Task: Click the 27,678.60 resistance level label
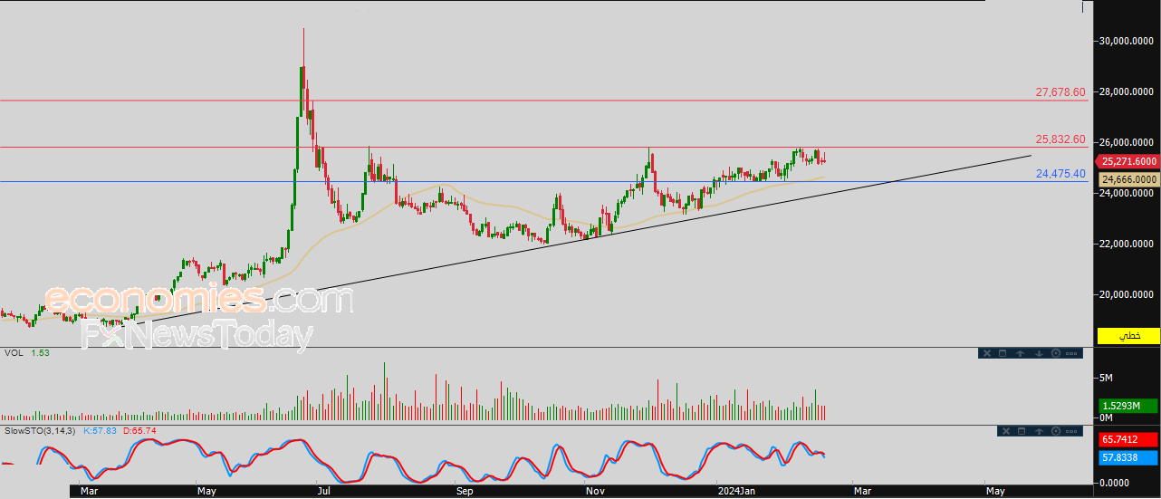pyautogui.click(x=1060, y=92)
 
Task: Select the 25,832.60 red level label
pyautogui.click(x=1060, y=139)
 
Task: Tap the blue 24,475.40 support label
pyautogui.click(x=1060, y=174)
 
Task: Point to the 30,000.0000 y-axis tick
pyautogui.click(x=1127, y=41)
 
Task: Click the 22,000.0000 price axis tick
pyautogui.click(x=1127, y=244)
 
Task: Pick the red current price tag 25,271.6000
pyautogui.click(x=1128, y=162)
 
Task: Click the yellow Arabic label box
pyautogui.click(x=1128, y=336)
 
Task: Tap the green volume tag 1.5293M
pyautogui.click(x=1127, y=406)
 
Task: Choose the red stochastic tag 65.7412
pyautogui.click(x=1127, y=440)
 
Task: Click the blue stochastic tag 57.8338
pyautogui.click(x=1127, y=458)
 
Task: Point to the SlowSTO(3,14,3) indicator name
pyautogui.click(x=40, y=431)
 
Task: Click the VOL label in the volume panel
pyautogui.click(x=14, y=353)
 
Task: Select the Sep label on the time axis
pyautogui.click(x=465, y=491)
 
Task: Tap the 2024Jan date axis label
pyautogui.click(x=736, y=491)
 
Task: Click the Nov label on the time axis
pyautogui.click(x=595, y=491)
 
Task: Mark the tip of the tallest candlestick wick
pyautogui.click(x=303, y=28)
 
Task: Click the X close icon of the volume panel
pyautogui.click(x=987, y=353)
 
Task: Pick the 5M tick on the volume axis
pyautogui.click(x=1106, y=379)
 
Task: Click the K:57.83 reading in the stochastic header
pyautogui.click(x=100, y=431)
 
